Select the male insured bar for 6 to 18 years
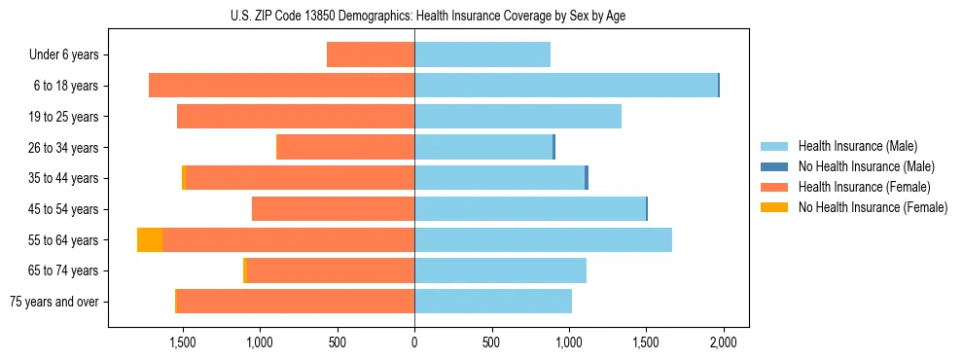[x=566, y=86]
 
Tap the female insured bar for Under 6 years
[x=371, y=54]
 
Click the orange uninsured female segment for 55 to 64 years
[x=150, y=240]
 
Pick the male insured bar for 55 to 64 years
[x=543, y=240]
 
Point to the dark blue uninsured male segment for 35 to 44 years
[x=587, y=178]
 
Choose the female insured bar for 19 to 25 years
[x=296, y=117]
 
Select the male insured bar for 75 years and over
[x=493, y=302]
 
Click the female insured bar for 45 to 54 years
[x=333, y=209]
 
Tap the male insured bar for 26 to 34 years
[x=483, y=147]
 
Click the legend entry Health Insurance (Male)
[x=856, y=146]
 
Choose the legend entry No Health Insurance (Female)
[x=873, y=207]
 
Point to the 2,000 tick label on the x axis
[x=723, y=342]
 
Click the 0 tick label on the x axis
[x=414, y=342]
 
